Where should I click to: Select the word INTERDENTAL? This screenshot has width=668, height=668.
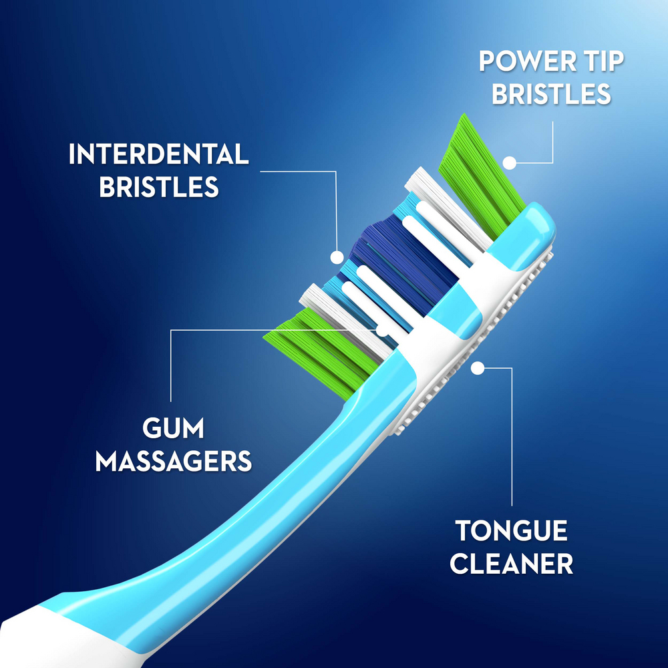[158, 154]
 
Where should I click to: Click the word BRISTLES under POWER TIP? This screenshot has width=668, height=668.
[552, 94]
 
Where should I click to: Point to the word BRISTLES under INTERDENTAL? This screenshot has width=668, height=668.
[159, 186]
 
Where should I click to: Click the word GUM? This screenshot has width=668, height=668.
[173, 428]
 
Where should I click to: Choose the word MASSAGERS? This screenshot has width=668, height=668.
[173, 461]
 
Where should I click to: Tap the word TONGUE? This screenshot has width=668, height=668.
[512, 532]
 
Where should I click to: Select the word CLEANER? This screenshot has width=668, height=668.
[512, 564]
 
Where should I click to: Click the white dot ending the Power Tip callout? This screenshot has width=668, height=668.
[510, 162]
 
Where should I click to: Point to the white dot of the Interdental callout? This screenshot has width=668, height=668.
[337, 256]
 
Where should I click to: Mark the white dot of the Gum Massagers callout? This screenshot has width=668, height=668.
[382, 329]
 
